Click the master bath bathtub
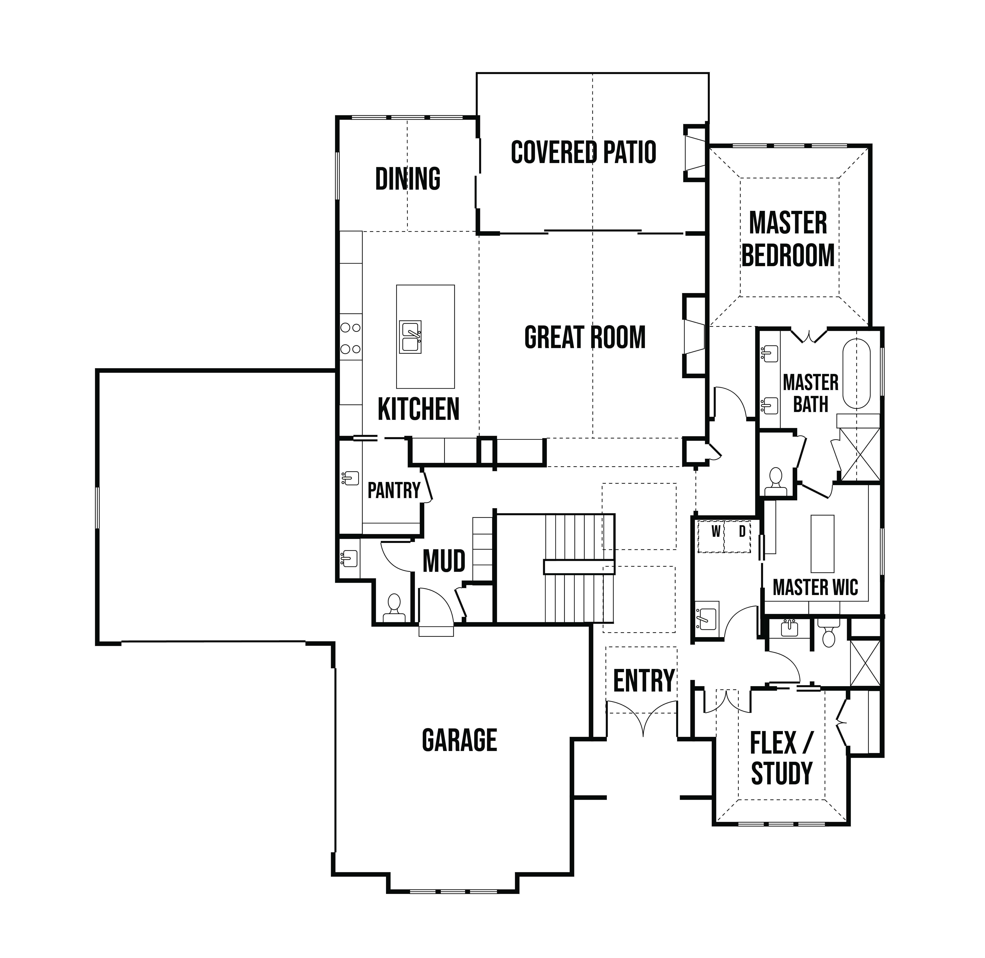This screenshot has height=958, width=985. [856, 374]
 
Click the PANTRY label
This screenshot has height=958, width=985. [394, 490]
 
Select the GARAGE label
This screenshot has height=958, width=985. [459, 740]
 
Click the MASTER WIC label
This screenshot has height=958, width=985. [816, 588]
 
